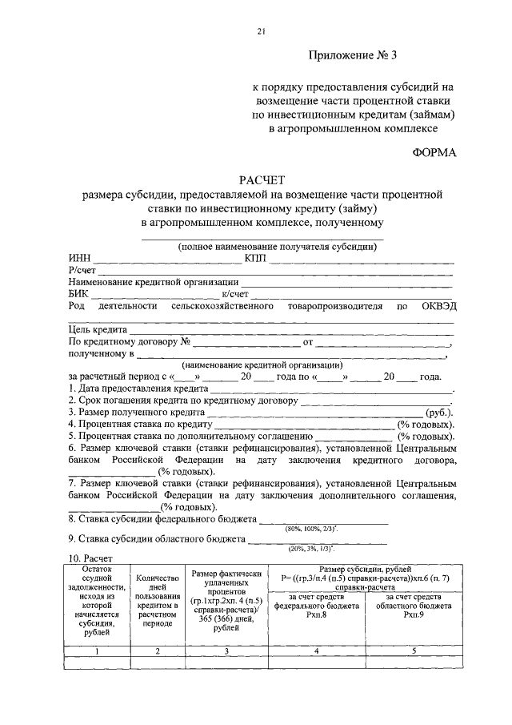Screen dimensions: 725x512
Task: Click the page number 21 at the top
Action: point(261,31)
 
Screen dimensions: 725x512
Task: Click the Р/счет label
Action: point(82,272)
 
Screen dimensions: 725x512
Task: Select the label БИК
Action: point(78,294)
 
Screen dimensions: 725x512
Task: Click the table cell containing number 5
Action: point(414,651)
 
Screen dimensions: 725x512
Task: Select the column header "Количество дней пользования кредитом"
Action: point(157,603)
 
